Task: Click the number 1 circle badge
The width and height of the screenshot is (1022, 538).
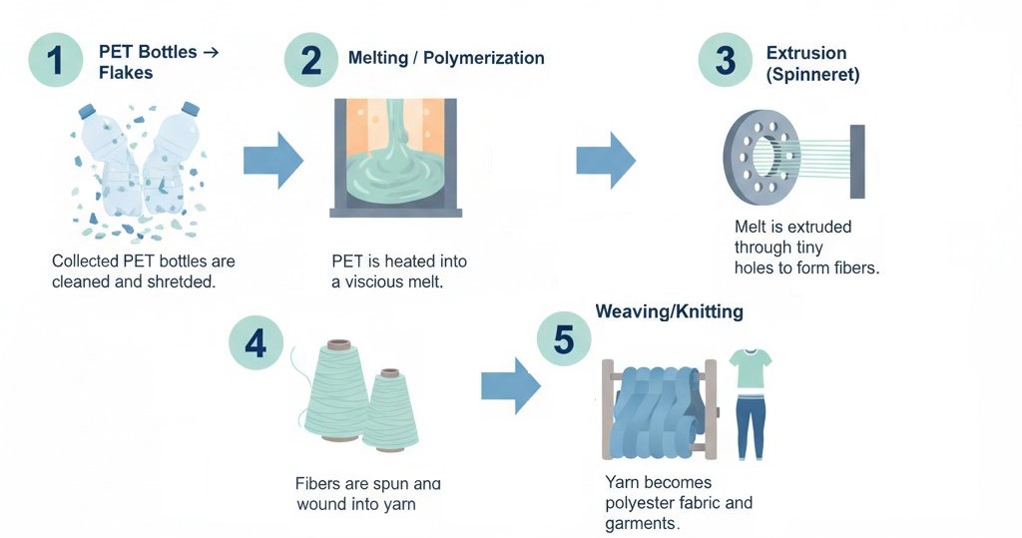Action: [x=56, y=60]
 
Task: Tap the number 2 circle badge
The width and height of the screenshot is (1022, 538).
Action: [x=311, y=60]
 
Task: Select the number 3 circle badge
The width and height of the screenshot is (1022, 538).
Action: [x=725, y=60]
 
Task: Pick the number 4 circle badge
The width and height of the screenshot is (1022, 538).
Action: [x=256, y=343]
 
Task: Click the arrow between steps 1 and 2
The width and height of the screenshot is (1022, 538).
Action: [x=273, y=159]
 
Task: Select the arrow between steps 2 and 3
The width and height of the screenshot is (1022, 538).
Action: [x=606, y=159]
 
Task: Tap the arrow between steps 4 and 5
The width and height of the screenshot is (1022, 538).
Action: [x=511, y=383]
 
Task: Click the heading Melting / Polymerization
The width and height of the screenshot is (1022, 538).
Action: [x=446, y=58]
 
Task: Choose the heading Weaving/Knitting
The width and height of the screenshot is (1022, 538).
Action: [x=669, y=311]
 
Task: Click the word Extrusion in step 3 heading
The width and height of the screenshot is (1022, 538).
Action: [x=806, y=53]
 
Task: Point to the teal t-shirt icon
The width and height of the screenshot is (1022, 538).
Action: [x=750, y=368]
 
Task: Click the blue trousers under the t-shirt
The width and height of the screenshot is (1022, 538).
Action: [x=749, y=423]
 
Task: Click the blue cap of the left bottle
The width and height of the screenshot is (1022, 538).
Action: [x=86, y=110]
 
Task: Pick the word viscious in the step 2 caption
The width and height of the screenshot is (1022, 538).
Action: [x=380, y=282]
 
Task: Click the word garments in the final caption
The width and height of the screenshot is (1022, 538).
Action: [x=640, y=524]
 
